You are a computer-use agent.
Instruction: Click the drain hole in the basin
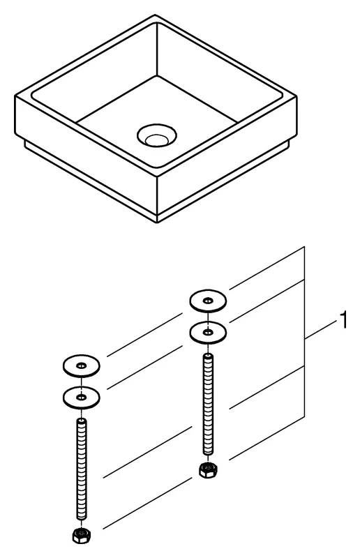(x=157, y=135)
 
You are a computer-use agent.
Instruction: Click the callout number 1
(x=343, y=320)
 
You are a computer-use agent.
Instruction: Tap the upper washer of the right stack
(x=208, y=301)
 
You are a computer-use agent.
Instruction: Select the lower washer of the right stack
(x=208, y=333)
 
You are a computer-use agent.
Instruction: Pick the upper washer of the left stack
(x=81, y=365)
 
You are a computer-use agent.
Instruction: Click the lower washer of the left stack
(x=81, y=397)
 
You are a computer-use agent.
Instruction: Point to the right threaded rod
(x=208, y=405)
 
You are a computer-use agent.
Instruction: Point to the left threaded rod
(x=82, y=469)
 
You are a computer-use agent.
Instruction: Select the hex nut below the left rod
(x=82, y=534)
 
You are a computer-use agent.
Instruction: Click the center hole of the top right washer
(x=208, y=301)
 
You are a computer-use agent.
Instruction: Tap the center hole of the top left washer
(x=81, y=365)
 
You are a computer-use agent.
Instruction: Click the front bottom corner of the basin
(x=157, y=223)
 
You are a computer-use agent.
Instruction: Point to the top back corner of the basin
(x=156, y=15)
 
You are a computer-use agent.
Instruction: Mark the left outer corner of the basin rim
(x=15, y=96)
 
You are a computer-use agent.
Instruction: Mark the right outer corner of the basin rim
(x=297, y=96)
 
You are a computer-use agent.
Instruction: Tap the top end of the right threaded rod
(x=208, y=354)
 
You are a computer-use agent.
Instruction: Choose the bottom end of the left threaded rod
(x=82, y=519)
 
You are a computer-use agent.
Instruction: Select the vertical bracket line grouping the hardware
(x=304, y=332)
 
